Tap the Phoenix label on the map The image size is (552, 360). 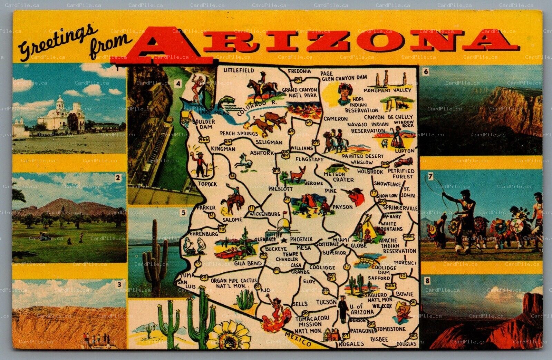301,239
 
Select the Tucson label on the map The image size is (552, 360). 326,302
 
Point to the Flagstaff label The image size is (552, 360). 310,159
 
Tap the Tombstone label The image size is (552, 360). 391,329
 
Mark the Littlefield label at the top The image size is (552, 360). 239,70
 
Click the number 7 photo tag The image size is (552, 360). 430,176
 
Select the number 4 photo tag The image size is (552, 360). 178,84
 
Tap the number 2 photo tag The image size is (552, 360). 118,178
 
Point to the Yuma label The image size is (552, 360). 187,275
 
